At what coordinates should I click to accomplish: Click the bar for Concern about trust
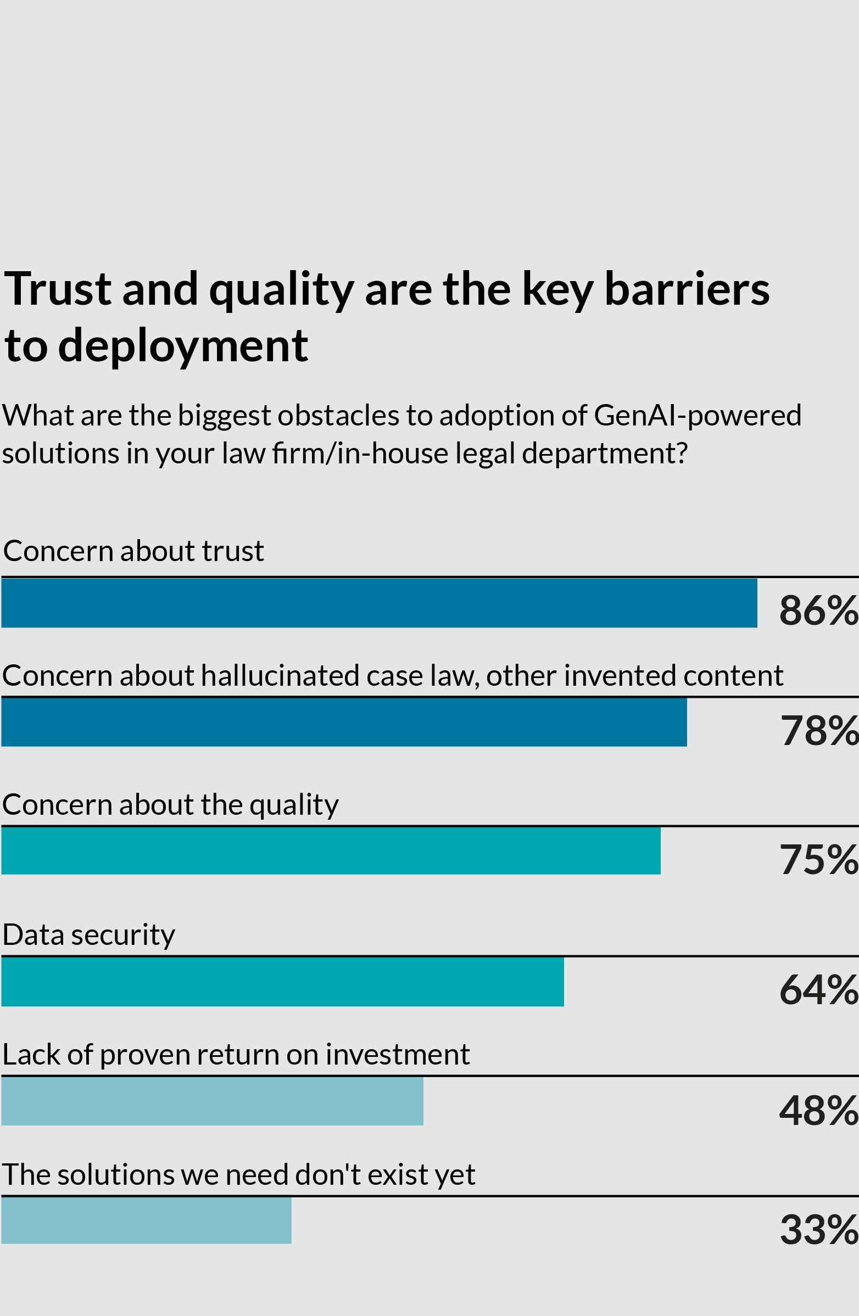(x=379, y=603)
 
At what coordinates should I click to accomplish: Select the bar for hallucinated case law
(x=343, y=721)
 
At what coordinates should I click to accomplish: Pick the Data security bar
(x=282, y=982)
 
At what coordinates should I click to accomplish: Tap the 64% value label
(x=818, y=990)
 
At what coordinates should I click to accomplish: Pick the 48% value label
(x=818, y=1110)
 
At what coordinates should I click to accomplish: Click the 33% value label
(x=818, y=1230)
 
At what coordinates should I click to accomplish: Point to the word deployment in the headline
(x=183, y=345)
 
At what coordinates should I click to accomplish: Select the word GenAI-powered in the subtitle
(x=698, y=415)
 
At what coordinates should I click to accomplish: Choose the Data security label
(x=88, y=935)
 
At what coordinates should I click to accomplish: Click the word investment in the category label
(x=398, y=1054)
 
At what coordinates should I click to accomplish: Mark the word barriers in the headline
(x=687, y=289)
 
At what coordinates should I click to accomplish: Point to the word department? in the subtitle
(x=605, y=453)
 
